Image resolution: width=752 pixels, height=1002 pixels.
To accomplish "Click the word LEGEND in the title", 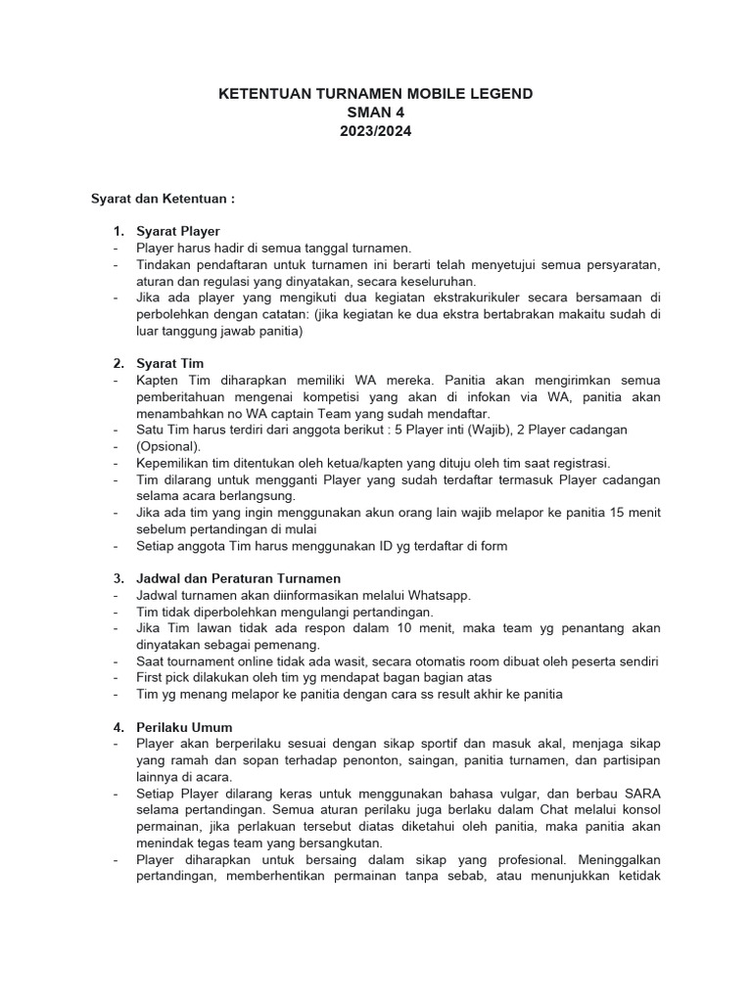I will pos(494,94).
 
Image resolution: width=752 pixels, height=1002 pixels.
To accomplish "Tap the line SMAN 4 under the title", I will pos(375,112).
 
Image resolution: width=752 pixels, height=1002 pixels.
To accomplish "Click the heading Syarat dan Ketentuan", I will pos(163,198).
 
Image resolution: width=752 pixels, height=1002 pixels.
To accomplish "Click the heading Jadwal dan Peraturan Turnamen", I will pos(238,578).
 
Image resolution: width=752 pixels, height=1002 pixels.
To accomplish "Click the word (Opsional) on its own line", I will pos(168,446).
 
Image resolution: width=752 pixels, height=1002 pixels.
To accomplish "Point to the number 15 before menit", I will pos(616,513).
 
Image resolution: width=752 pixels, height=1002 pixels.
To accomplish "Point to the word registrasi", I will pos(581,463).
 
